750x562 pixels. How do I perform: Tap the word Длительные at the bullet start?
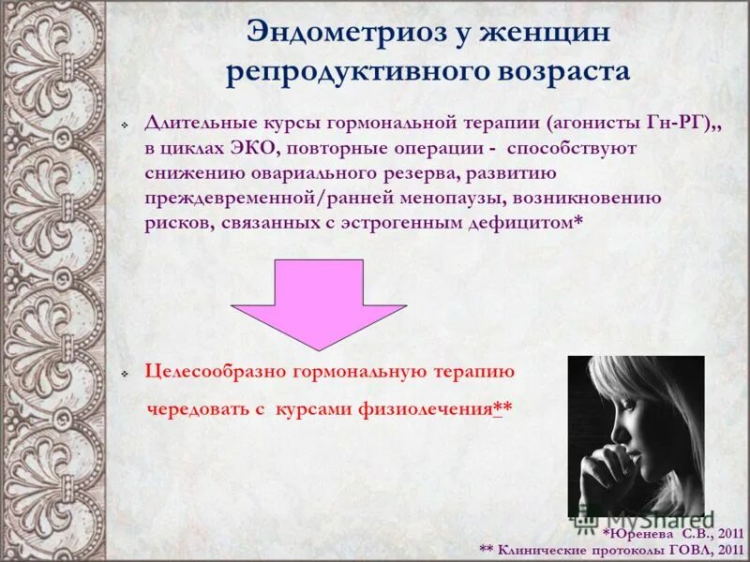pos(193,123)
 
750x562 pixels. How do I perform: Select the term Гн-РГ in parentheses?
pos(682,123)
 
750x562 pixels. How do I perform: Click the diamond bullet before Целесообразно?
pos(125,374)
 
